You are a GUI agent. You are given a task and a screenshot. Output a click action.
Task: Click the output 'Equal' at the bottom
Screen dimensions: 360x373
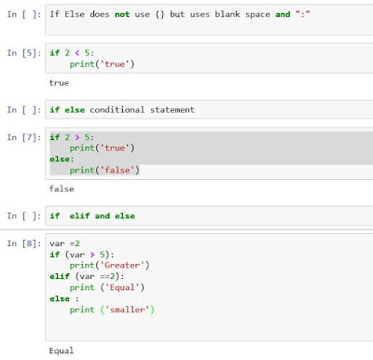point(62,351)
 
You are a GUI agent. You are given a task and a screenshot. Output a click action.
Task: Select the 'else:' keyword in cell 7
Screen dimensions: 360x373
point(62,159)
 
